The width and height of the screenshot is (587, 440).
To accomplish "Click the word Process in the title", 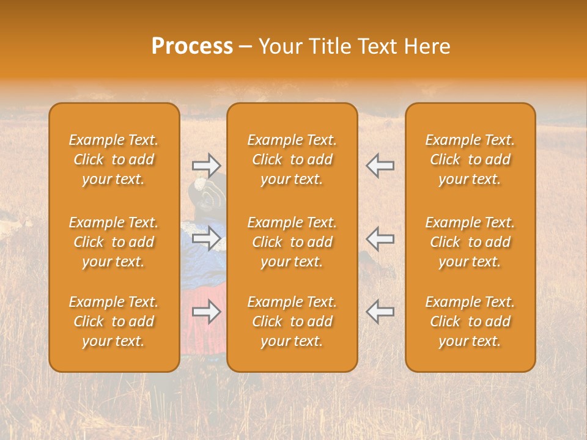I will pos(192,46).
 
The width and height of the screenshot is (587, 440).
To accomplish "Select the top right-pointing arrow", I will pos(207,165).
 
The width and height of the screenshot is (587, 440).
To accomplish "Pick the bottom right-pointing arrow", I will pos(207,312).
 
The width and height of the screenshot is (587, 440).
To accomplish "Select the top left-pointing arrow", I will pos(380,165).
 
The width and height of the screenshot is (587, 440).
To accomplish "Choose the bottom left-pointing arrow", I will pos(380,312).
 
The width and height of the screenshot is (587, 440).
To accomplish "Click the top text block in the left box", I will pos(114,159).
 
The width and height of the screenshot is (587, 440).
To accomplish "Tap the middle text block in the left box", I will pos(114,242).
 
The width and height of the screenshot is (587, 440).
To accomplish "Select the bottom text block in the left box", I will pos(114,321).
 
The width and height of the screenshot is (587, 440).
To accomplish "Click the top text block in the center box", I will pos(292,159).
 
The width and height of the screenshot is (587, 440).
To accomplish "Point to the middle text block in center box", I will pos(292,242).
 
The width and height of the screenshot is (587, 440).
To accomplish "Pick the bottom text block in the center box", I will pos(292,321).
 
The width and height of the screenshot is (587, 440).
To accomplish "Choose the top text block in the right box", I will pos(470,159).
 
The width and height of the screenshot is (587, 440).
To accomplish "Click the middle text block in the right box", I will pos(470,242).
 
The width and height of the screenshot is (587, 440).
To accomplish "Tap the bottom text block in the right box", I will pos(470,321).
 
